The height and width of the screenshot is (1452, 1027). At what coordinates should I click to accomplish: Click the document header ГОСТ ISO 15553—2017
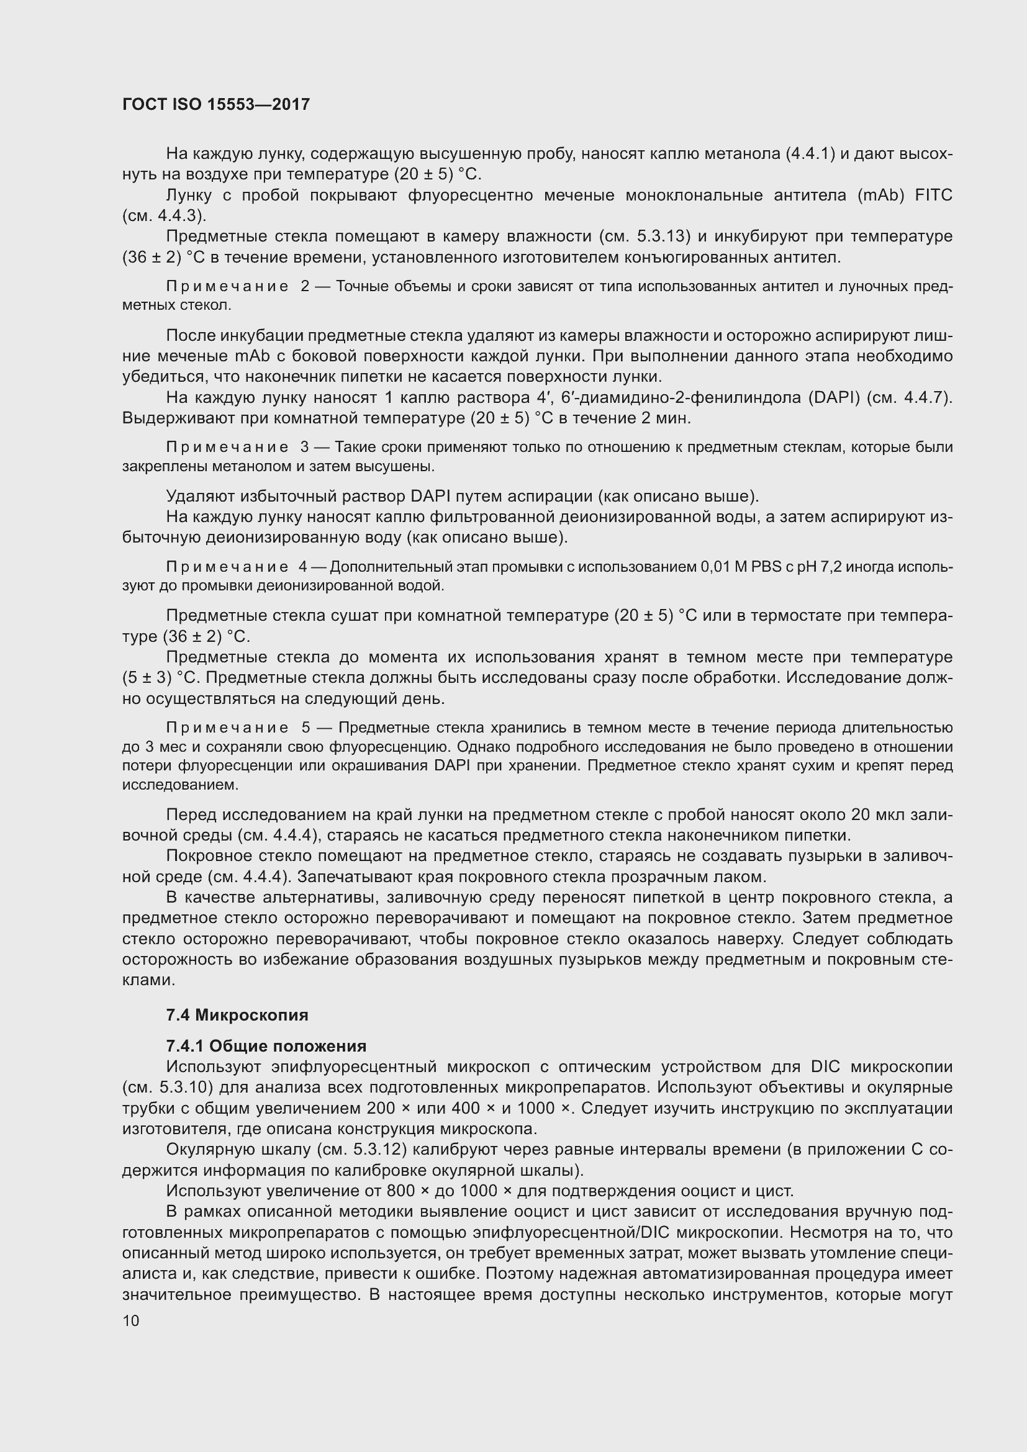[x=216, y=104]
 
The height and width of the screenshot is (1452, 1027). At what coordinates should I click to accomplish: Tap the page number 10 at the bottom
[x=131, y=1320]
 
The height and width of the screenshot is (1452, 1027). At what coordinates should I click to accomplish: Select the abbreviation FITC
[x=933, y=196]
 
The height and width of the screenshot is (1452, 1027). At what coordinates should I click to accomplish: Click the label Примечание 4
[x=236, y=567]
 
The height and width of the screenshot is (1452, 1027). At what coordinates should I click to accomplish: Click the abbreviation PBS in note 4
[x=766, y=567]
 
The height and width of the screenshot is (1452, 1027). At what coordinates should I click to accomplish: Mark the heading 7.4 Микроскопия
[x=237, y=1015]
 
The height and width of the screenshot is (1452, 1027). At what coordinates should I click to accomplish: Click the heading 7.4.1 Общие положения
[x=266, y=1046]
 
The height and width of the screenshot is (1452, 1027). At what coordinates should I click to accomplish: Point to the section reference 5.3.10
[x=181, y=1088]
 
